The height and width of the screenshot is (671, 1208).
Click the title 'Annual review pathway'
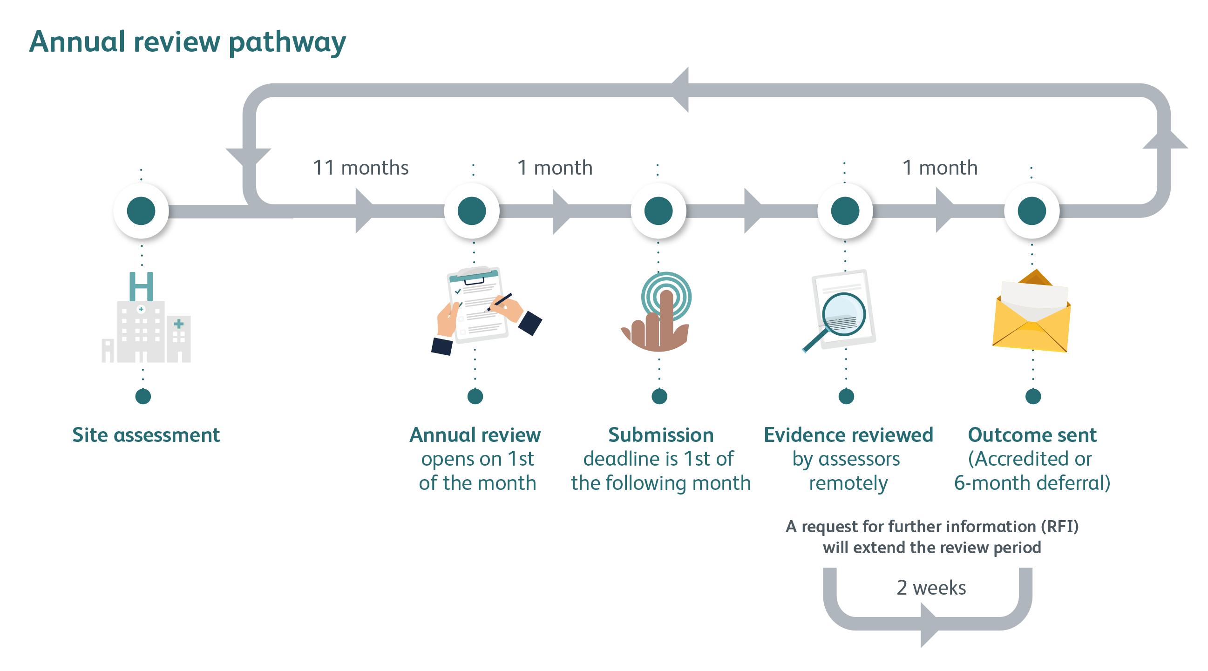(188, 42)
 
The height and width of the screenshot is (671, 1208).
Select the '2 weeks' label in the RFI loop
(931, 588)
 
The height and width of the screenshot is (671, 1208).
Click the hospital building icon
(146, 317)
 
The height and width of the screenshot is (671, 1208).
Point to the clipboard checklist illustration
(486, 310)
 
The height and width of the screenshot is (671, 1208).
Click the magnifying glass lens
(843, 314)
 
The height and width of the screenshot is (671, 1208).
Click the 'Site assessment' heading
(146, 435)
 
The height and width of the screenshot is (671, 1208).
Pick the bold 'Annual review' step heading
(475, 435)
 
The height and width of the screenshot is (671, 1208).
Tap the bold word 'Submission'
(661, 435)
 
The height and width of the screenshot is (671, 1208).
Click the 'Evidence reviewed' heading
(848, 435)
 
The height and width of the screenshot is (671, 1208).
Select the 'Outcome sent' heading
(1032, 435)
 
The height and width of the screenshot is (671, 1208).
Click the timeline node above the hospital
(141, 211)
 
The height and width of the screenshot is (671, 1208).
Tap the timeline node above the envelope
(1032, 211)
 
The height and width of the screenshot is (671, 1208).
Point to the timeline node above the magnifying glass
(845, 211)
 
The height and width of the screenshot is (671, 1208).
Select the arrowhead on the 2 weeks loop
(929, 625)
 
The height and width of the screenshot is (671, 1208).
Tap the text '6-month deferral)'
(1032, 483)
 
